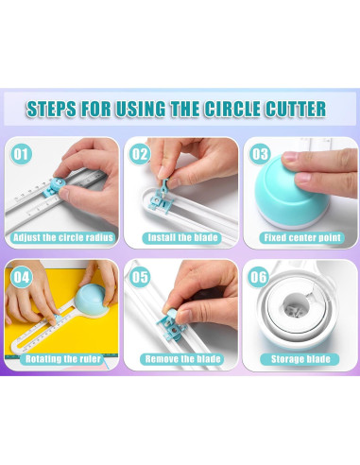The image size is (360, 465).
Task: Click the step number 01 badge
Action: click(x=21, y=154)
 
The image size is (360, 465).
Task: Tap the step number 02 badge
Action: click(x=140, y=154)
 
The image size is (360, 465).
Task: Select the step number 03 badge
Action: click(x=260, y=154)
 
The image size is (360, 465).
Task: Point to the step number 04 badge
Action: click(x=21, y=277)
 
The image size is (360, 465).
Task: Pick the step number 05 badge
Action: click(x=140, y=277)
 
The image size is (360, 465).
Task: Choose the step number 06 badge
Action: click(x=258, y=277)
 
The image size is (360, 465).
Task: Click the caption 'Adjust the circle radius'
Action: click(x=63, y=237)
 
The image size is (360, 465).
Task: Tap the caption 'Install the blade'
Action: click(x=182, y=237)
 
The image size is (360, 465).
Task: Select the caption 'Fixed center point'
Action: click(x=302, y=237)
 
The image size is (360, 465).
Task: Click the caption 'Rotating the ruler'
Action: click(x=63, y=359)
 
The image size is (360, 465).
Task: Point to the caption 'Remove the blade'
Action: click(x=182, y=359)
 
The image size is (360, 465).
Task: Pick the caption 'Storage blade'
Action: click(x=300, y=359)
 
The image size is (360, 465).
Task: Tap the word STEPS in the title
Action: click(x=51, y=109)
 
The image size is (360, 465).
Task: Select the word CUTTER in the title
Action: click(x=296, y=109)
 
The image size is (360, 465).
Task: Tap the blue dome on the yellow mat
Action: click(x=91, y=300)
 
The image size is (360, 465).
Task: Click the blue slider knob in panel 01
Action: click(x=56, y=187)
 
